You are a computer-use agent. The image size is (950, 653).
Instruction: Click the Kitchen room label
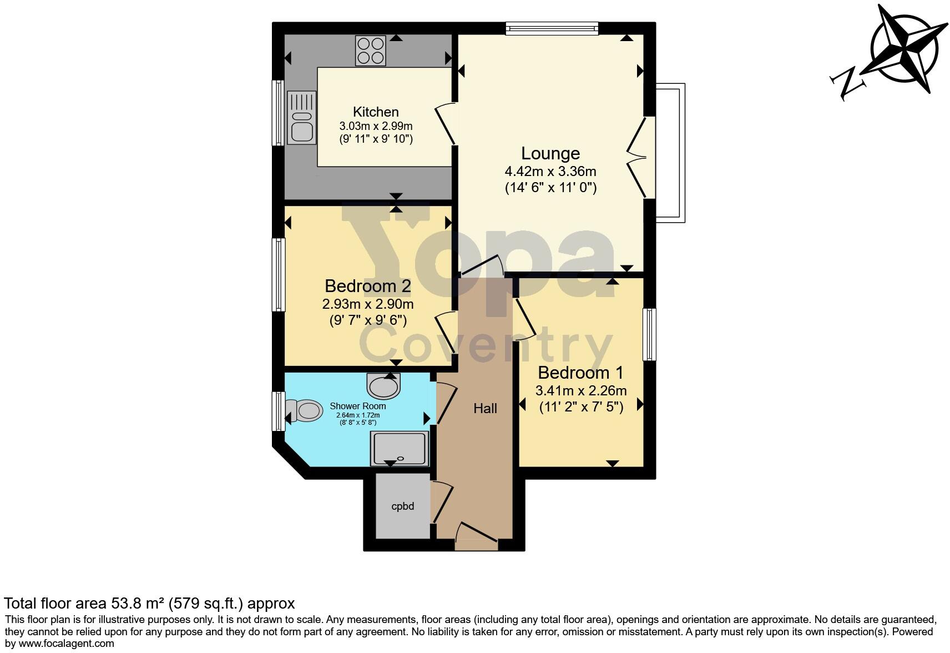(376, 112)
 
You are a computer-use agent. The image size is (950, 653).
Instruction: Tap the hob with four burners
(371, 51)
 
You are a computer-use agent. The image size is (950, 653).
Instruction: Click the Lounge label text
(550, 153)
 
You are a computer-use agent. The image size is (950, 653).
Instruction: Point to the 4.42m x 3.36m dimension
(550, 171)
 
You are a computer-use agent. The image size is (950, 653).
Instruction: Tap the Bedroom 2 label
(367, 286)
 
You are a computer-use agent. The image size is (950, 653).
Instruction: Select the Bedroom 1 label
(580, 372)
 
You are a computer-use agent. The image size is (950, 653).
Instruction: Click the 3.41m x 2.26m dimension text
(580, 390)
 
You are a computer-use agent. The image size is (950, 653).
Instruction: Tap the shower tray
(400, 448)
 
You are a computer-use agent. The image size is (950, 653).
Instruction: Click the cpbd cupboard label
(402, 506)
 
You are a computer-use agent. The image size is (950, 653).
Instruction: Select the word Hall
(485, 409)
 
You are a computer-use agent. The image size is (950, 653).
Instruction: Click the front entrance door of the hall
(476, 534)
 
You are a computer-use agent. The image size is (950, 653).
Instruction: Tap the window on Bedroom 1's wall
(649, 334)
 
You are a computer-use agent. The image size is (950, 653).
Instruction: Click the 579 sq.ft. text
(205, 603)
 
